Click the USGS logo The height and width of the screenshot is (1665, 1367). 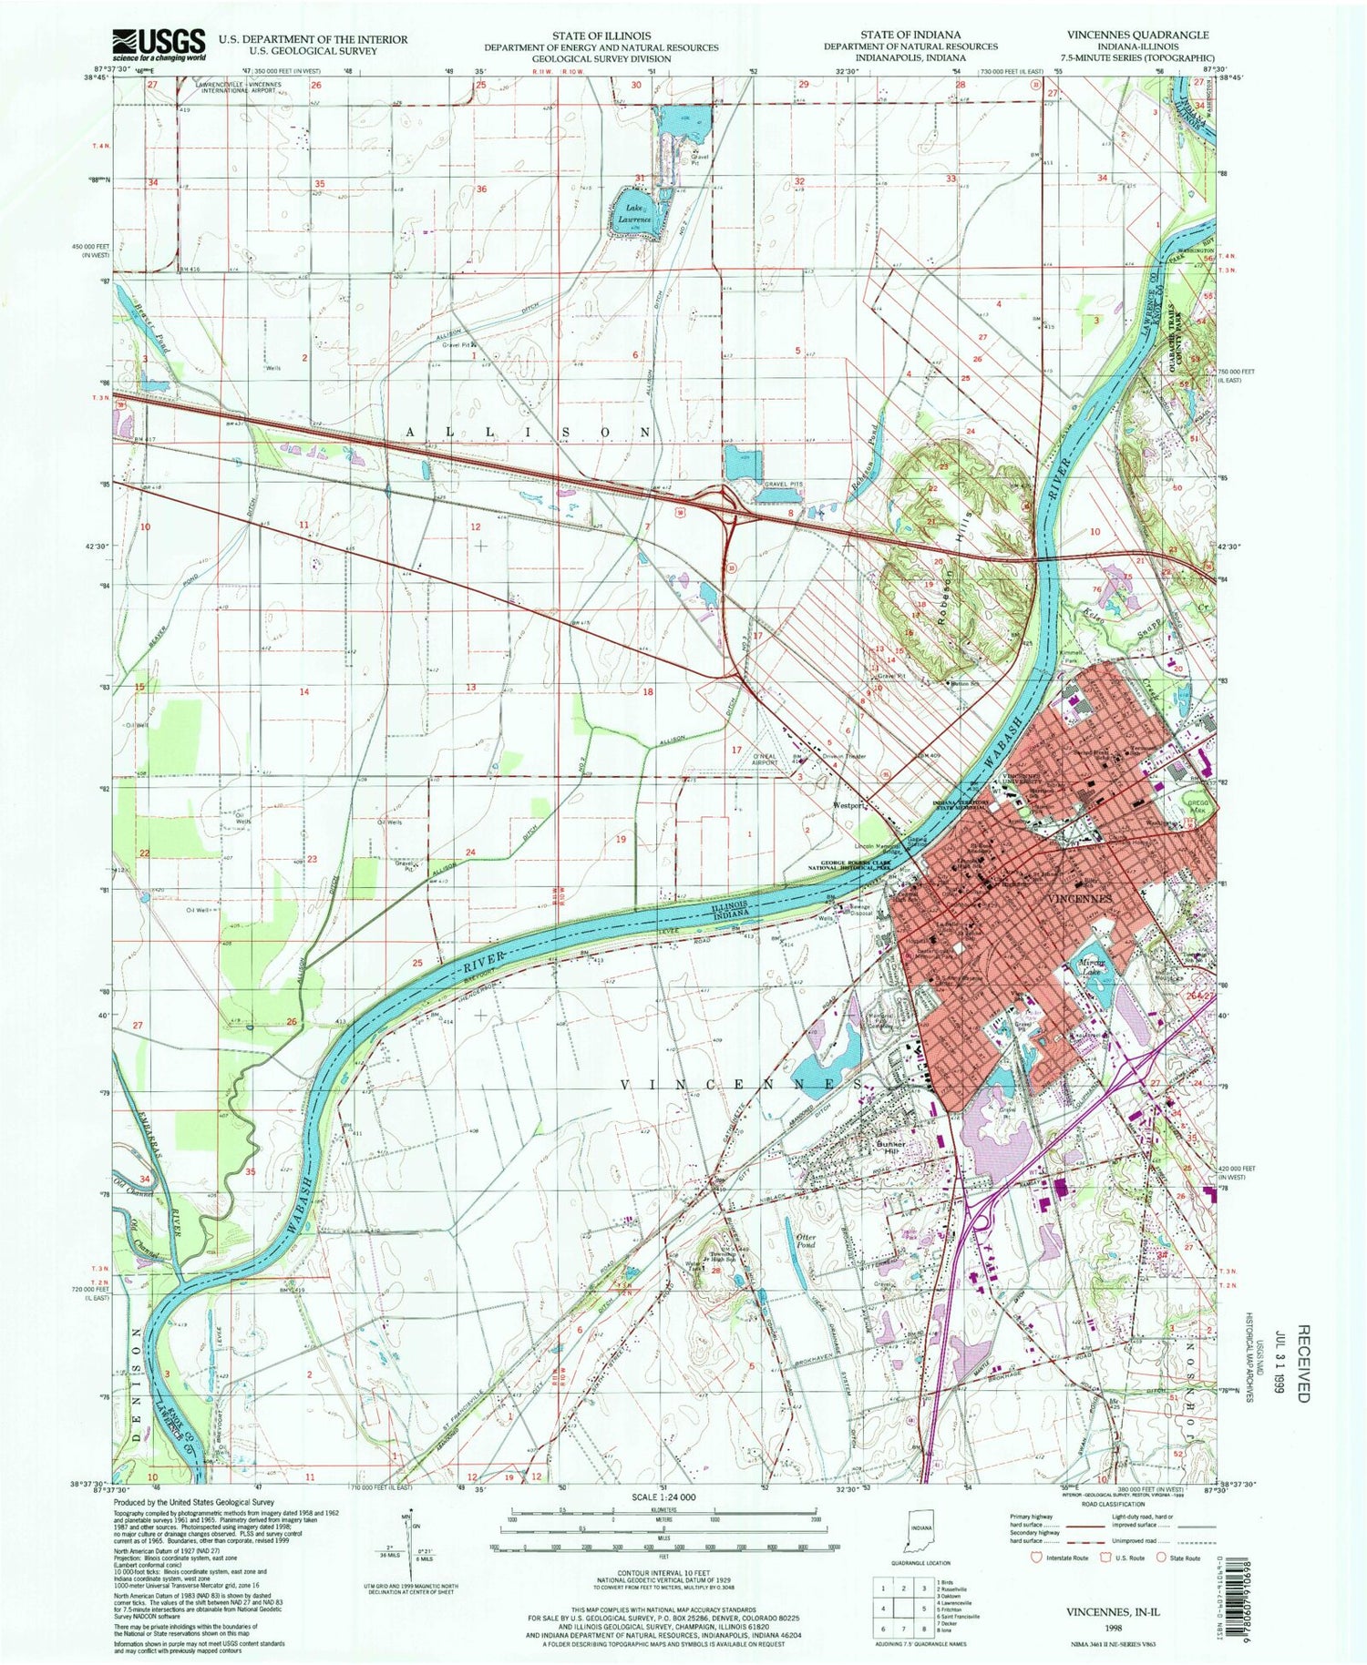click(x=146, y=43)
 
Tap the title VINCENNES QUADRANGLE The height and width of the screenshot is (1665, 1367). click(x=1137, y=35)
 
